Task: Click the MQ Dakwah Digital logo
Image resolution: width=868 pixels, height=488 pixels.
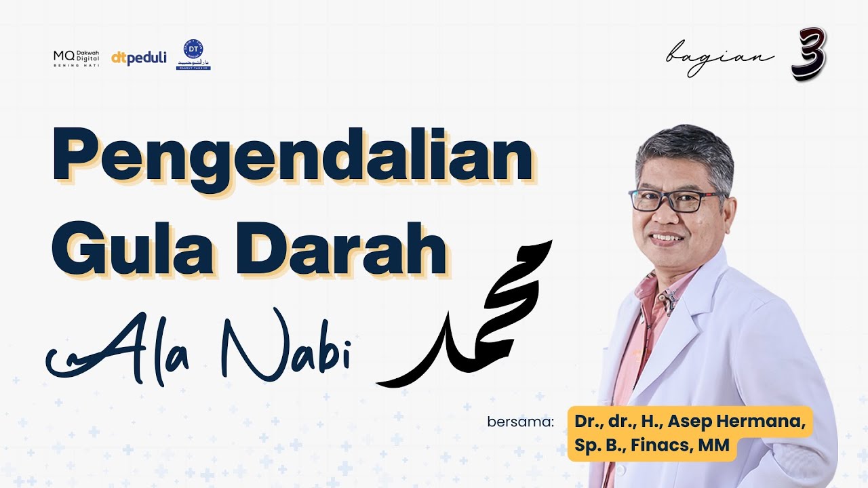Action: point(77,58)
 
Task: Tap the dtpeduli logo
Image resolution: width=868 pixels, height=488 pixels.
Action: point(139,58)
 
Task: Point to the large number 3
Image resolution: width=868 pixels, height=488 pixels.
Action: point(808,54)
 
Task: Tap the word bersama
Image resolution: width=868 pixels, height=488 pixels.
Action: point(520,422)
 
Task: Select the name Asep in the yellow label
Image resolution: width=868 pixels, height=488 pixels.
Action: point(688,422)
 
